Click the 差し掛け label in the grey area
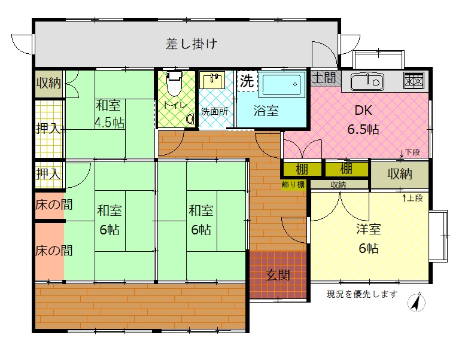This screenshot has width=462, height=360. (192, 44)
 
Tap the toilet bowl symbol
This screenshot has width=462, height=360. (174, 84)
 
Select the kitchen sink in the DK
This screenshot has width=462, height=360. (367, 81)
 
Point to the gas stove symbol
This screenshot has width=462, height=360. (414, 81)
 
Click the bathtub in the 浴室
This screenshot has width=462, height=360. (282, 84)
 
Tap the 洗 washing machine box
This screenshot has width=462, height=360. (248, 81)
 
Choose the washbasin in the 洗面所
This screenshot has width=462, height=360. (212, 80)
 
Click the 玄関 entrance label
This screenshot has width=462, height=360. (278, 275)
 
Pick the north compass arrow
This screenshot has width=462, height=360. (417, 302)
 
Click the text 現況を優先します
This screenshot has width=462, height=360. (362, 294)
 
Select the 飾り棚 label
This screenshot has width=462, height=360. (293, 185)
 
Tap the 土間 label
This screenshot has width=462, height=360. (324, 78)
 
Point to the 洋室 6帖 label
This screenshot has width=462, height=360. (369, 239)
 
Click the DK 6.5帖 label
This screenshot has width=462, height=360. (363, 120)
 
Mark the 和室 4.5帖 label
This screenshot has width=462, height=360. (110, 114)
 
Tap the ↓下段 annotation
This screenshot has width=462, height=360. (410, 152)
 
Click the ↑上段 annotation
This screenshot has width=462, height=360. (412, 198)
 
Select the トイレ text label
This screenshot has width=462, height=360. (175, 105)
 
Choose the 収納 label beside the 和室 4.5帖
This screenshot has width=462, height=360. (48, 83)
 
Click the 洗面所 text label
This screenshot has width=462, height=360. (214, 112)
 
